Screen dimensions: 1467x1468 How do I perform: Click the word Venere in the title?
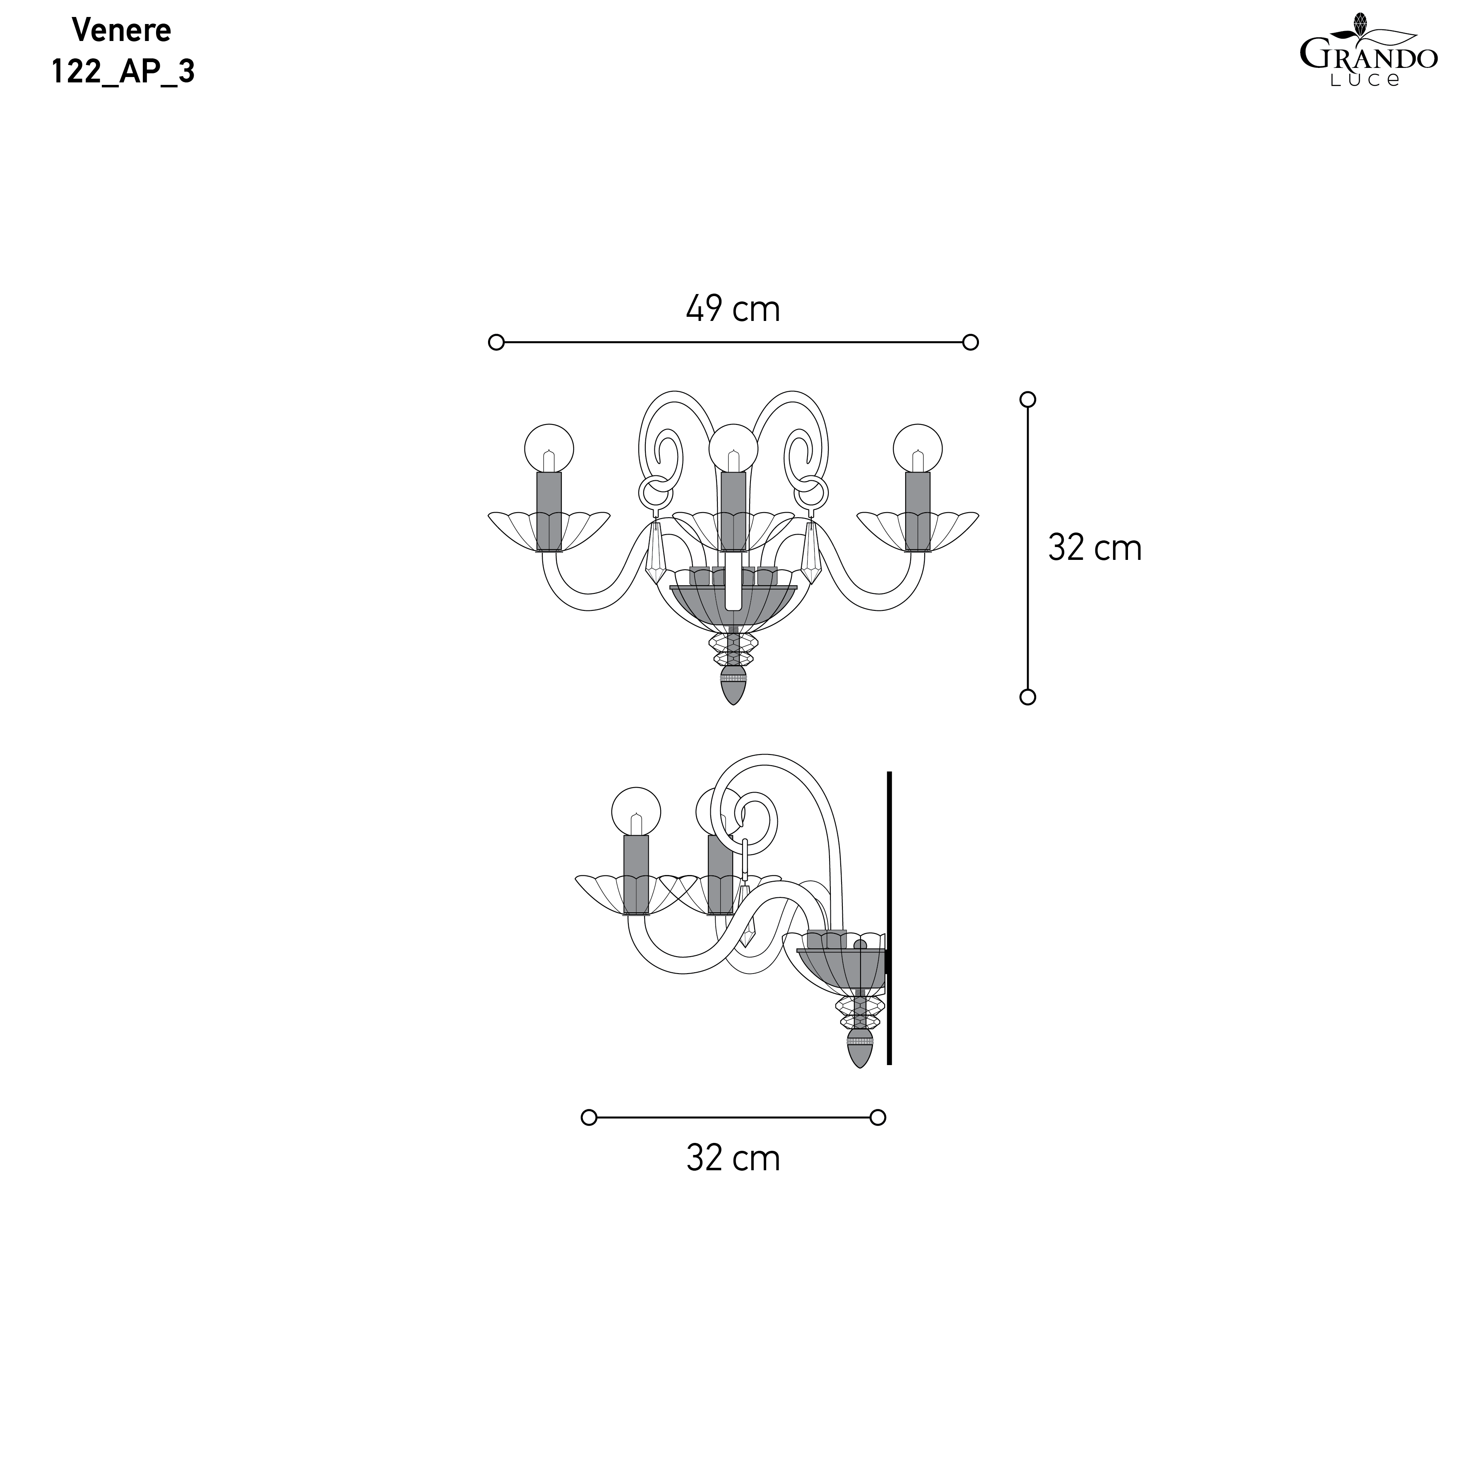[x=122, y=30]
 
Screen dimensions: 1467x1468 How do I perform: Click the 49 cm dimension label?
[x=733, y=309]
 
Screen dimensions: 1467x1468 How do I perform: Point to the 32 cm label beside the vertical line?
[x=1095, y=548]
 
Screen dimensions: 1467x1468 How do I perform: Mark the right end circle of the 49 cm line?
[x=970, y=343]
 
